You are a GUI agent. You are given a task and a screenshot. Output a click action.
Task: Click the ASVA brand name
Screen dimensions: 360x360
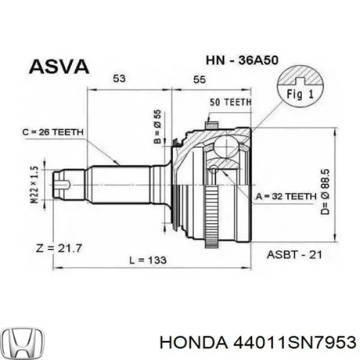coord(59,67)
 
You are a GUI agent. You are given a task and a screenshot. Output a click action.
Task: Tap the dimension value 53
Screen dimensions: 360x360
coord(120,79)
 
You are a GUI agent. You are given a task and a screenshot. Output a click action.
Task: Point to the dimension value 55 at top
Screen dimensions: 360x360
coord(200,79)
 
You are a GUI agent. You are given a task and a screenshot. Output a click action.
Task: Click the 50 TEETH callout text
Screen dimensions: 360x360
coord(230,103)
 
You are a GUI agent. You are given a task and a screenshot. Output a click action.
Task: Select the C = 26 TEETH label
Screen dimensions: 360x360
coord(53,132)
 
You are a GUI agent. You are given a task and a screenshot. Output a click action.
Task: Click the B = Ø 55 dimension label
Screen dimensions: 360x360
coord(158,127)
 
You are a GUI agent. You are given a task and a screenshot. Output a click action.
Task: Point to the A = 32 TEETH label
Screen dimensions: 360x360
coord(285,196)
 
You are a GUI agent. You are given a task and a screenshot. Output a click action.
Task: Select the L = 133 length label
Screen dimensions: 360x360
coord(148,260)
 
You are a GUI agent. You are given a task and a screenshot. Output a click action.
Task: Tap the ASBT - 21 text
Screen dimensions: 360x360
coord(295,254)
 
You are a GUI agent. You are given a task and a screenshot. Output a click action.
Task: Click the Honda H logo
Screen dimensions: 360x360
coord(22,341)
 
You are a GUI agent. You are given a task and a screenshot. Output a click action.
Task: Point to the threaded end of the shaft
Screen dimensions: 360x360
coord(61,185)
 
